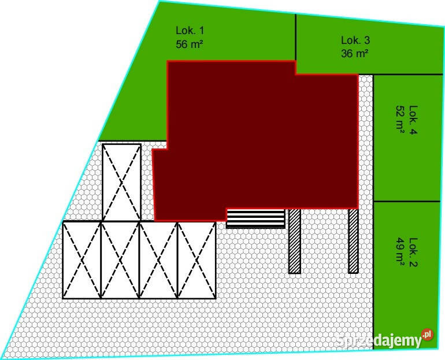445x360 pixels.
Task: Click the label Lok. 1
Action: coord(190,31)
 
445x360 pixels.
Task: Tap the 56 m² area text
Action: coord(190,44)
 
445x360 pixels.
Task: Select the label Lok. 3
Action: coord(355,40)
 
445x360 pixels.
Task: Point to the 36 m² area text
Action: coord(355,53)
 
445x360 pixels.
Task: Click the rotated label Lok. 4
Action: coord(413,120)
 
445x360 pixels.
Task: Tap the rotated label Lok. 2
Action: coord(413,252)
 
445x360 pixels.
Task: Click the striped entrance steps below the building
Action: coord(255,219)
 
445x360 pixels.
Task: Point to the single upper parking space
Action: coord(121,182)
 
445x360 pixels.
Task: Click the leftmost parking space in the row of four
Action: coord(81,260)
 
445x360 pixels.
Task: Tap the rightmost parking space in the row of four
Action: coord(196,260)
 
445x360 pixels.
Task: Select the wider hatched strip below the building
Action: coord(295,242)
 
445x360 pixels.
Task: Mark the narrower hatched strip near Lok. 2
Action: coord(353,241)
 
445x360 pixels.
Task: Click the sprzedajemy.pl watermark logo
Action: coord(384,339)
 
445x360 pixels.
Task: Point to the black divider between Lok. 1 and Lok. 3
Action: coord(296,37)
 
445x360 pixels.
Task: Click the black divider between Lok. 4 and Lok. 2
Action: coord(407,202)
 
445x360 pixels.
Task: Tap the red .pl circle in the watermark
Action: coord(428,335)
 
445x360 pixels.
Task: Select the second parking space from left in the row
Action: coord(120,260)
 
